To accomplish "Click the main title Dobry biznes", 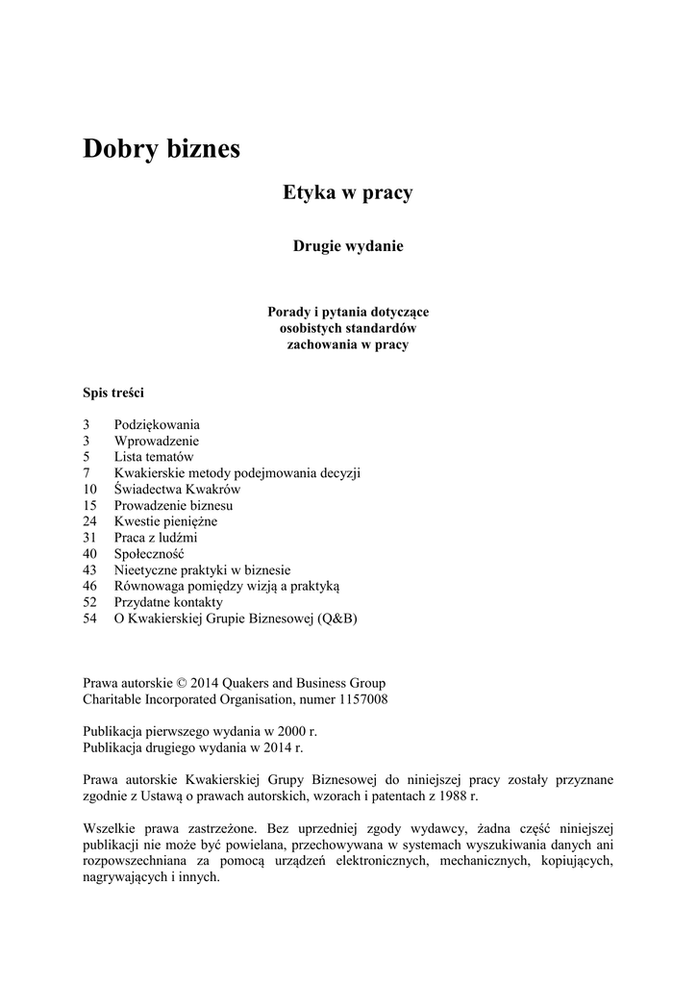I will pos(161,149).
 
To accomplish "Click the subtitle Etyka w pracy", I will pos(347,193).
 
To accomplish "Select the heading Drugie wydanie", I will pos(347,246).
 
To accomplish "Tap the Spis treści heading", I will pos(113,392).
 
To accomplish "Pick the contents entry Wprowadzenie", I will pos(157,441).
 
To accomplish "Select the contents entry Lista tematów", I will pos(154,457).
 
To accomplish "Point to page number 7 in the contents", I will pos(87,473).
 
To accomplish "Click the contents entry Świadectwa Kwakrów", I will pos(177,490).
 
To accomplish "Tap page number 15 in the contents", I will pos(90,505).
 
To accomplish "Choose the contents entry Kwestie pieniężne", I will pos(165,521).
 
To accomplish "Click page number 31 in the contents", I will pos(90,538).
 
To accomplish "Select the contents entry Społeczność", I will pos(149,554).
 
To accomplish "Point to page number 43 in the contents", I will pos(90,570).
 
